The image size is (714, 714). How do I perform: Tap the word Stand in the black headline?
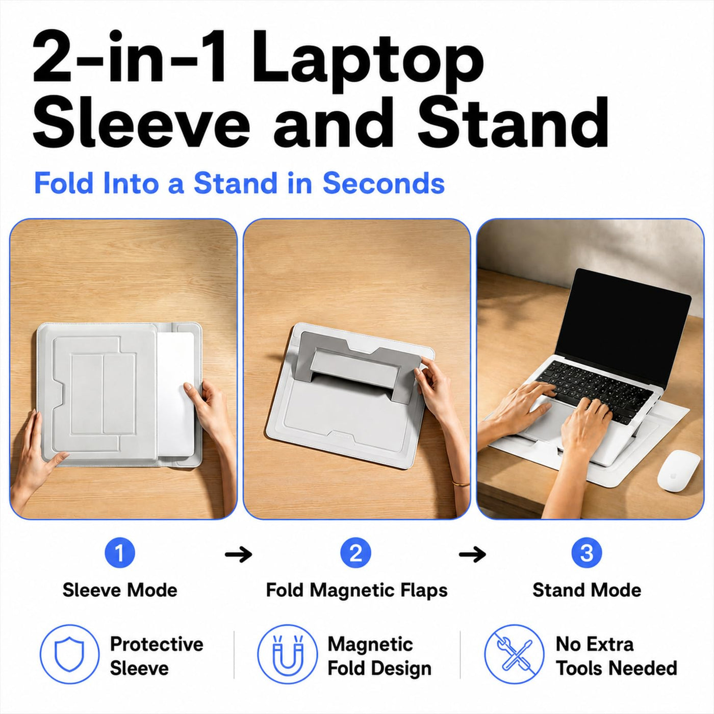click(x=513, y=122)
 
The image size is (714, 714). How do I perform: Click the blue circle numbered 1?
click(x=120, y=553)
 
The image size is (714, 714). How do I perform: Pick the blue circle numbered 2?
click(x=355, y=553)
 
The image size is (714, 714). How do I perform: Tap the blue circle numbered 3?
click(x=586, y=553)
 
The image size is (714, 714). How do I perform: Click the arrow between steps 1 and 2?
click(x=238, y=554)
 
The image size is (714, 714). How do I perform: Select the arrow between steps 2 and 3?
click(x=472, y=554)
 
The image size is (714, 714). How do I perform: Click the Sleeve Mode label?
click(x=120, y=590)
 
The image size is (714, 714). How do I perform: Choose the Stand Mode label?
click(x=586, y=590)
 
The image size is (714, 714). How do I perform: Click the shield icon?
click(x=69, y=654)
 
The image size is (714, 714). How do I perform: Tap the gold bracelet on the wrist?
click(x=461, y=483)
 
